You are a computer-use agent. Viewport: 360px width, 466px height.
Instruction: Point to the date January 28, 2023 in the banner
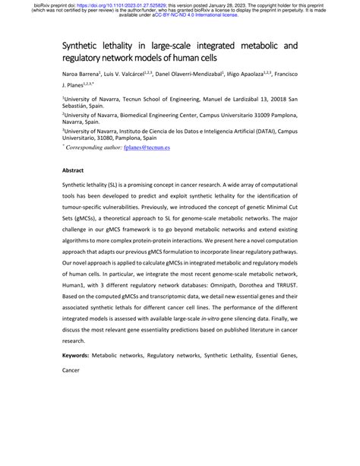pos(230,4)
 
